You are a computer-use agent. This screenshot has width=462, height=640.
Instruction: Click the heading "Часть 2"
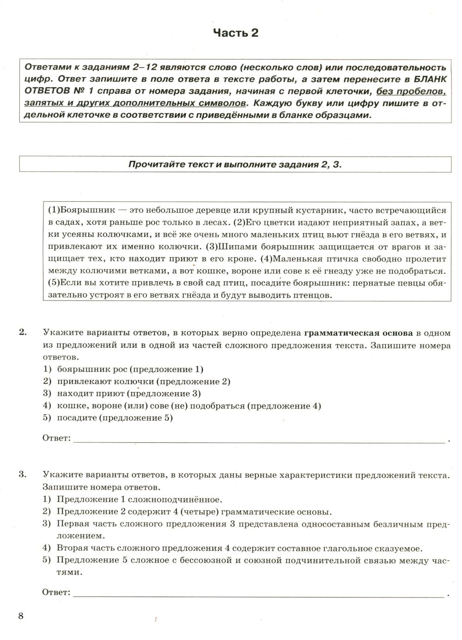pos(235,33)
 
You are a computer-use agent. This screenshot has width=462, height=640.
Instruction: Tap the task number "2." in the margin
pos(23,332)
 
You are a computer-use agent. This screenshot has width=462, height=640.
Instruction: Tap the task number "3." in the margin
pos(23,474)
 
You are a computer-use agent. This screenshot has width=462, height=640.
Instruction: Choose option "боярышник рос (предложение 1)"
pos(130,369)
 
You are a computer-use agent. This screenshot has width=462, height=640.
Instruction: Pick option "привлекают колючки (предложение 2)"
pos(143,381)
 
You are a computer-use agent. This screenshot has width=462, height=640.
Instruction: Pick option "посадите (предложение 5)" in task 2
pos(114,418)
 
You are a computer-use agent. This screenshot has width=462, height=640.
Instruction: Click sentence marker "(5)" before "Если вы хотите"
pos(54,282)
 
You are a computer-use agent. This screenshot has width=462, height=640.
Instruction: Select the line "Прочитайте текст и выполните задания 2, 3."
pos(235,164)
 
